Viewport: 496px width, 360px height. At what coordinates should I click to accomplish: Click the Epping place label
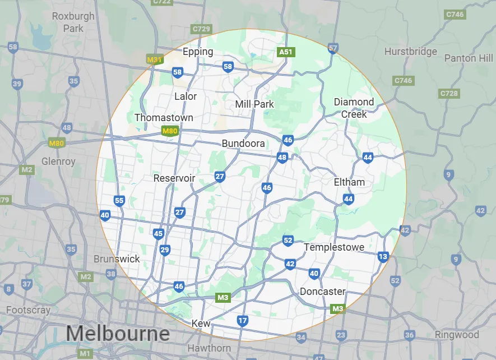pyautogui.click(x=198, y=52)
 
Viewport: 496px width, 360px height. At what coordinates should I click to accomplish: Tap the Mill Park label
pyautogui.click(x=254, y=104)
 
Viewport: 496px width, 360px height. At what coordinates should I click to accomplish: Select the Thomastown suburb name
pyautogui.click(x=164, y=118)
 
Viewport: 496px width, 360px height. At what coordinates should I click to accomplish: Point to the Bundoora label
pyautogui.click(x=243, y=144)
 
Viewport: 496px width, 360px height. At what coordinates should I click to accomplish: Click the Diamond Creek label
pyautogui.click(x=354, y=108)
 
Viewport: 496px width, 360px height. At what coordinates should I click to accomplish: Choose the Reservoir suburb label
pyautogui.click(x=174, y=178)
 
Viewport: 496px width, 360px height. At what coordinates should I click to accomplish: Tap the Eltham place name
pyautogui.click(x=349, y=182)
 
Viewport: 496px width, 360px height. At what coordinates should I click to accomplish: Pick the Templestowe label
pyautogui.click(x=334, y=247)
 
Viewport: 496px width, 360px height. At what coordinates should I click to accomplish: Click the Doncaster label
pyautogui.click(x=322, y=292)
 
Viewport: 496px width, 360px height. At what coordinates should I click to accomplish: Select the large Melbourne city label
pyautogui.click(x=118, y=334)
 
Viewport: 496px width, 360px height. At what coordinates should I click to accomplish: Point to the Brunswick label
pyautogui.click(x=117, y=259)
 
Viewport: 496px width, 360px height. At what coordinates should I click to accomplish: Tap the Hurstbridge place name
pyautogui.click(x=411, y=52)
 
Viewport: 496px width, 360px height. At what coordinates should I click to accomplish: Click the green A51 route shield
pyautogui.click(x=286, y=52)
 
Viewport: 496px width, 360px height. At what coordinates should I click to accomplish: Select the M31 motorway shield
pyautogui.click(x=154, y=59)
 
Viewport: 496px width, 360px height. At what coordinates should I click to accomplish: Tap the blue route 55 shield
pyautogui.click(x=119, y=200)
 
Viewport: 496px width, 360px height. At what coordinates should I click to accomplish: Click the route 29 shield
pyautogui.click(x=165, y=250)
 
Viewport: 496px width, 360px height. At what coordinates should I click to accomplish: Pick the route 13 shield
pyautogui.click(x=383, y=257)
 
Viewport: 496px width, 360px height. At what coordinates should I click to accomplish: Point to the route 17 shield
pyautogui.click(x=242, y=321)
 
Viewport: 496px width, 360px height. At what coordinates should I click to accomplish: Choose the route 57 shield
pyautogui.click(x=333, y=48)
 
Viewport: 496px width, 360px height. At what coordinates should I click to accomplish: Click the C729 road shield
pyautogui.click(x=201, y=29)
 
